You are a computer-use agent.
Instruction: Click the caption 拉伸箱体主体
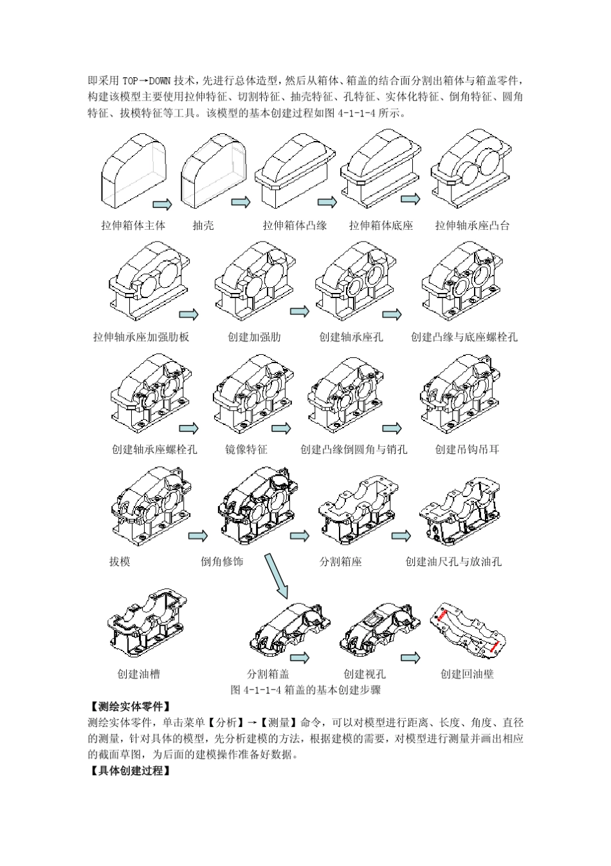coord(133,225)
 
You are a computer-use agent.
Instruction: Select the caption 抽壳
coord(203,225)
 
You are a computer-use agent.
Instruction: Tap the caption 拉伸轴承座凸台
coord(472,225)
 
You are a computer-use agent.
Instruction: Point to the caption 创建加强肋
coord(255,337)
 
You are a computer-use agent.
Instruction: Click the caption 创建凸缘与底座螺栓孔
coord(464,337)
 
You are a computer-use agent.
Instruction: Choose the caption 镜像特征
coord(246,449)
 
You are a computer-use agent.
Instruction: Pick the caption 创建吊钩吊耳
coord(467,449)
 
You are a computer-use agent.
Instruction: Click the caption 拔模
coord(120,561)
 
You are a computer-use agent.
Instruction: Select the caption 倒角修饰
coord(222,561)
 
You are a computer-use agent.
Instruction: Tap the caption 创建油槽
coord(138,674)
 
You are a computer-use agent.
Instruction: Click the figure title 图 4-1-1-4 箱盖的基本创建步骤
coord(305,690)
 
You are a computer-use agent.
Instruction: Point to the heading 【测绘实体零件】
coord(130,706)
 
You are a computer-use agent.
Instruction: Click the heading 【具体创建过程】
coord(130,771)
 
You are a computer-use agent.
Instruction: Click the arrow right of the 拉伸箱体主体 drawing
coord(162,204)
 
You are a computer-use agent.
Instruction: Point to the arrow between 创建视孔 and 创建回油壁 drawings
coord(410,657)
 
